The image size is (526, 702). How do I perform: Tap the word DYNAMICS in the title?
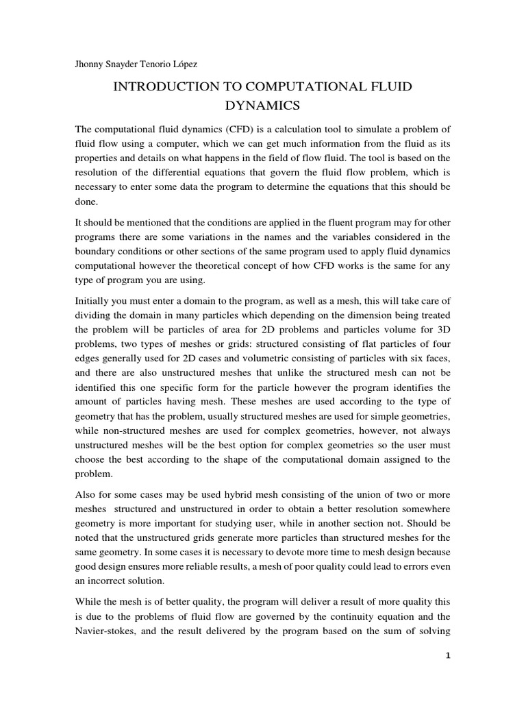point(262,106)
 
